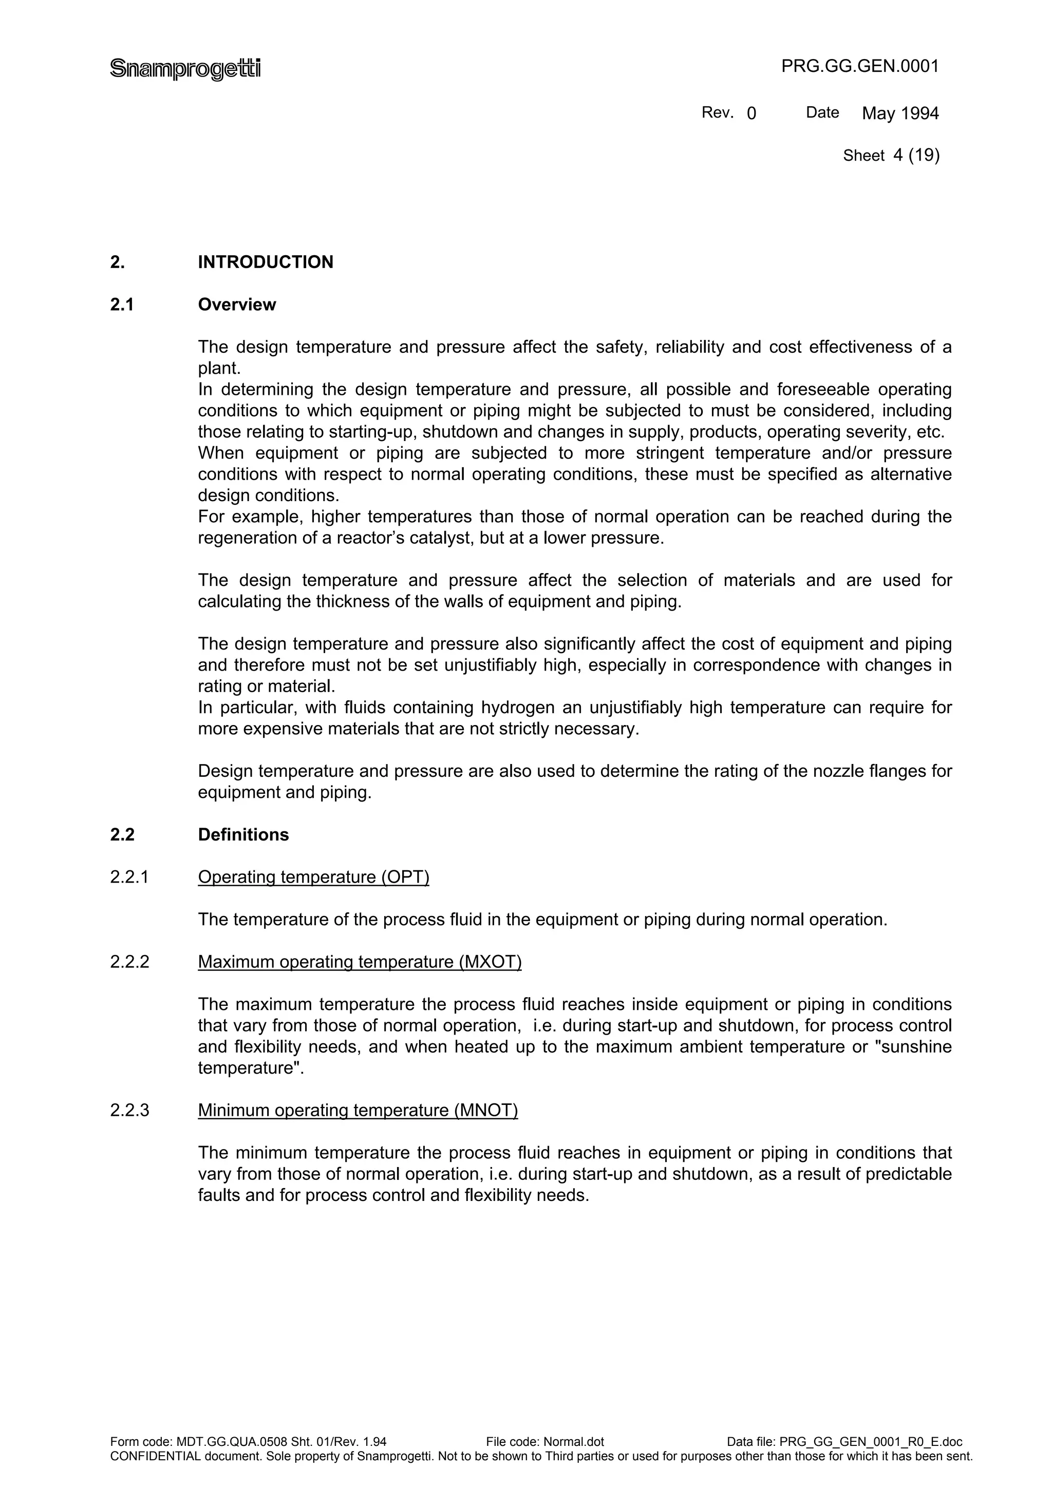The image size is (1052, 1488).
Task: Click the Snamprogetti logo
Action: point(185,68)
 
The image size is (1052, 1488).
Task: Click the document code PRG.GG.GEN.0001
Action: point(859,66)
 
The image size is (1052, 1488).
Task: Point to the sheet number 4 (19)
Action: point(916,155)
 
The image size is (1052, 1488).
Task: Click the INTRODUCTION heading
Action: point(265,262)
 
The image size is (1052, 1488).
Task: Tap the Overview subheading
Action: point(237,304)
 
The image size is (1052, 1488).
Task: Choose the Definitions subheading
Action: point(243,835)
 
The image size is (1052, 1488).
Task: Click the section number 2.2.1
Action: point(129,877)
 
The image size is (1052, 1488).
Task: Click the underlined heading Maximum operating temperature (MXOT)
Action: point(360,962)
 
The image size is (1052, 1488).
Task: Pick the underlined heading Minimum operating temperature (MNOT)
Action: point(358,1110)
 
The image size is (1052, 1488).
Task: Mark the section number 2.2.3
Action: point(129,1110)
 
